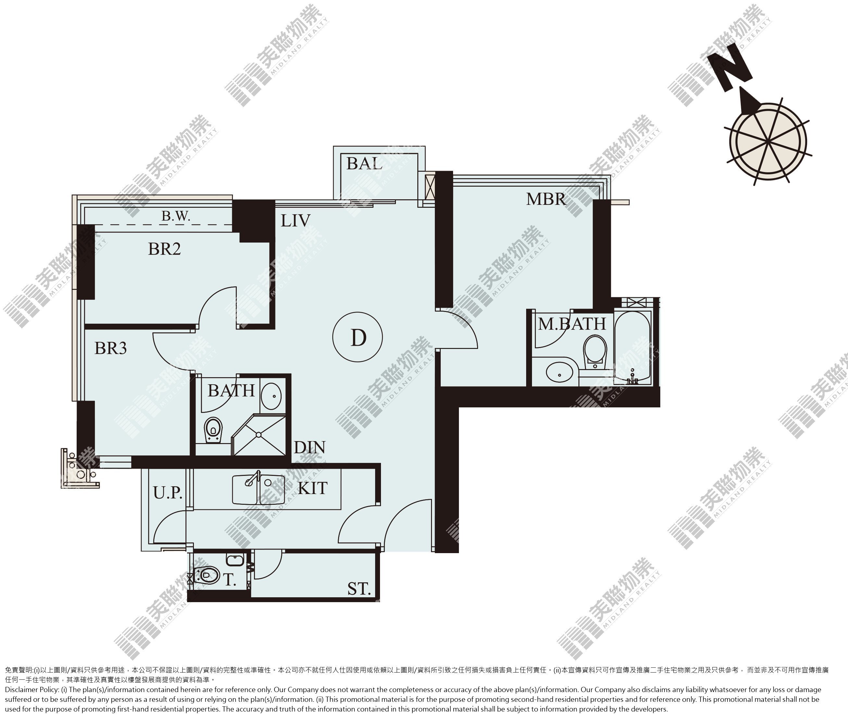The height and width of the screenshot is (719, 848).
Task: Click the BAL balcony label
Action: (364, 164)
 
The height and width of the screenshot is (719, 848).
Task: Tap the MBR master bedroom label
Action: (546, 199)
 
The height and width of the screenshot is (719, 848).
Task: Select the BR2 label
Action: (164, 249)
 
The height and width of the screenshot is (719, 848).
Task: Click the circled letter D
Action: (358, 337)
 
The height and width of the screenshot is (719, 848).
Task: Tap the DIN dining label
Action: (310, 448)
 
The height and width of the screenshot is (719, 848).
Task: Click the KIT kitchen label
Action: (312, 488)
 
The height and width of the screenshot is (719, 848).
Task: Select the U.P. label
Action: (168, 493)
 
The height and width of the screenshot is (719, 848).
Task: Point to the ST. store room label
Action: (359, 589)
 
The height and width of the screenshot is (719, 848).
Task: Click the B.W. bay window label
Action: (176, 216)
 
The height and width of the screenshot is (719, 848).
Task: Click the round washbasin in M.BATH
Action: (559, 372)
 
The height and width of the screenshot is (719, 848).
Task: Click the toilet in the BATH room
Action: (213, 429)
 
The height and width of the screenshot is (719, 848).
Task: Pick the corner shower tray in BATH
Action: (259, 435)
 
